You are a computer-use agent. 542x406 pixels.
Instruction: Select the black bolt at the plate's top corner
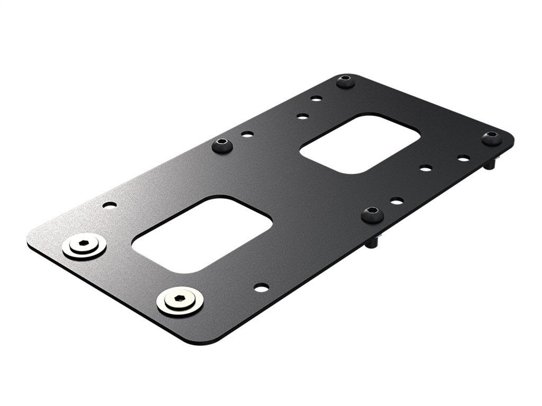pos(346,82)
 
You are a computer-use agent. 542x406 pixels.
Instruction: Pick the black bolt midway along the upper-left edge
pos(222,145)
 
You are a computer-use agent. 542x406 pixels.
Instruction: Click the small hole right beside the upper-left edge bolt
pos(247,135)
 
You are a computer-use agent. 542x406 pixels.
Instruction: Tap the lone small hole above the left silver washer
pos(109,205)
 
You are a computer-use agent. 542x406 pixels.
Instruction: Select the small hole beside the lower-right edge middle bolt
pos(397,200)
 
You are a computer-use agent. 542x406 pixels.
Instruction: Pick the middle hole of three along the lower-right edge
pos(426,168)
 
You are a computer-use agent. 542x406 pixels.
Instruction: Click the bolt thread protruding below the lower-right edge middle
pos(372,242)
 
